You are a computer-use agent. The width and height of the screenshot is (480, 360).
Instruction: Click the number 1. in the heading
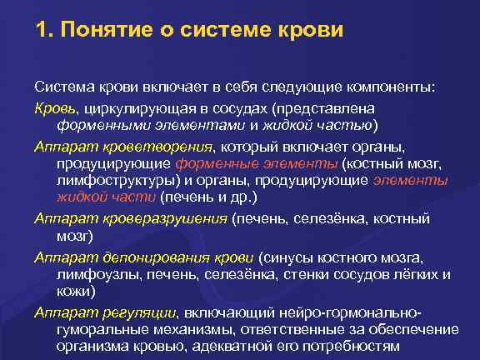(x=45, y=32)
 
